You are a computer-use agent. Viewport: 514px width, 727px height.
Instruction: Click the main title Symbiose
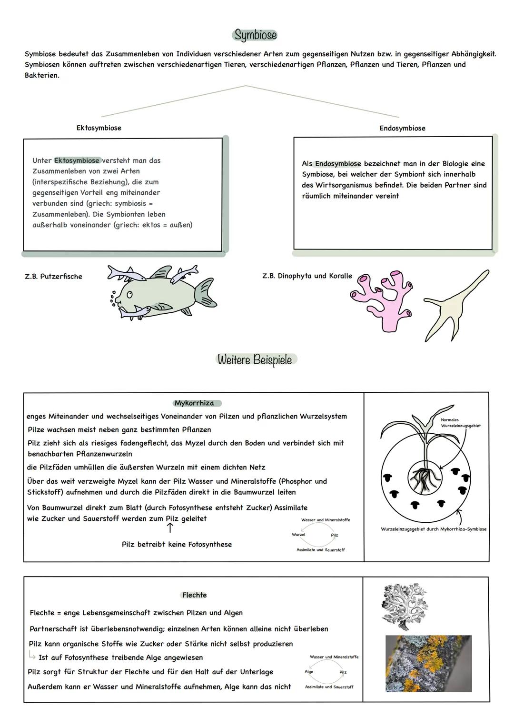point(255,35)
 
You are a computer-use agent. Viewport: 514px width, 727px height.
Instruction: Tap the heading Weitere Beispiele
point(255,359)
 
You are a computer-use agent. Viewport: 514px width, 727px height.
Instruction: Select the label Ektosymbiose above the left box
point(99,128)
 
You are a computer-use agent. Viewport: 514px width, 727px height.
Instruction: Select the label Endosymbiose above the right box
point(402,129)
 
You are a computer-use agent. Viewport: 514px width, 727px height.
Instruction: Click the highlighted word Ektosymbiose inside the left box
point(77,160)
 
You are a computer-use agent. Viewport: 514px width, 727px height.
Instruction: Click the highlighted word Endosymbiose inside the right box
point(338,164)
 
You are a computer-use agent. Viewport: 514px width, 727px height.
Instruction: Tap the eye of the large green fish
point(129,295)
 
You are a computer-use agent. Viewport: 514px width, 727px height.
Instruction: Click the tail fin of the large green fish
point(206,291)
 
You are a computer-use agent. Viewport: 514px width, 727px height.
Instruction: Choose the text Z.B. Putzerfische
point(53,277)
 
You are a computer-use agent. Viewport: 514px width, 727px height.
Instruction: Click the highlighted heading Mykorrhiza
point(194,403)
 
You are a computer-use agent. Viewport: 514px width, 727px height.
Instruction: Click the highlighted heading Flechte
point(194,595)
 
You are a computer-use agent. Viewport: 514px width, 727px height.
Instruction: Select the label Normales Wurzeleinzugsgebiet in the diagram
point(460,423)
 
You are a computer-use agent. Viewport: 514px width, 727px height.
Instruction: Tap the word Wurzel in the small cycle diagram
point(298,535)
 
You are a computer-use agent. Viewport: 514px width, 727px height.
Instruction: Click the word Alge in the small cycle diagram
point(309,672)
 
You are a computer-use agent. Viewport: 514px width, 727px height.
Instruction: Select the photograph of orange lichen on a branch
point(428,663)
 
